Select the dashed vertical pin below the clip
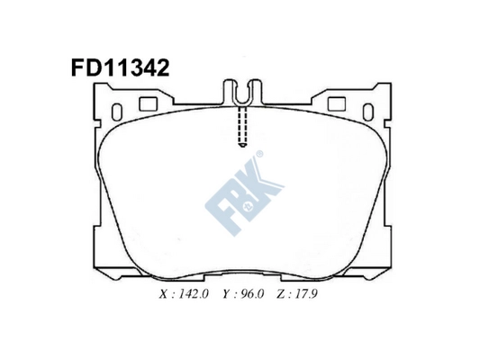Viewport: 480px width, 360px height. (x=241, y=127)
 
